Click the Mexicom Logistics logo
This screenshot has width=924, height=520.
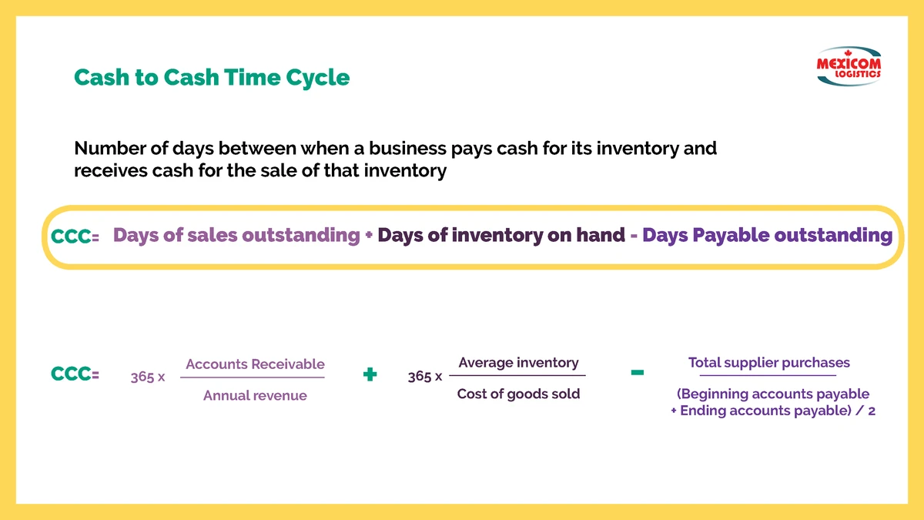tap(849, 66)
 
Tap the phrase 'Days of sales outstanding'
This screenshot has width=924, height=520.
tap(236, 235)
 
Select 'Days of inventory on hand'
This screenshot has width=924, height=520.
tap(501, 235)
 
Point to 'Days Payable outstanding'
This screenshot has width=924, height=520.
tap(767, 235)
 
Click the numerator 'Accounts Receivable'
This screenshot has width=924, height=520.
tap(255, 364)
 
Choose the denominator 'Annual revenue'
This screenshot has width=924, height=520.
tap(255, 395)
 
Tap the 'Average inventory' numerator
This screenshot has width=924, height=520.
tap(518, 363)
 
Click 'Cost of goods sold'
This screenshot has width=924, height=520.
tap(518, 394)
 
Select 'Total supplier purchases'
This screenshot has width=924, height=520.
tap(769, 363)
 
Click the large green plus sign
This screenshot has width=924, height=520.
tap(370, 374)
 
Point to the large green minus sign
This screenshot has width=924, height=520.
tap(638, 373)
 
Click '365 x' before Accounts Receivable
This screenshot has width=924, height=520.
tap(148, 377)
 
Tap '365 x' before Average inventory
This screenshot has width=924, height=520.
tap(425, 377)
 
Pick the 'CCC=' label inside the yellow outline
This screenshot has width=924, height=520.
tap(75, 237)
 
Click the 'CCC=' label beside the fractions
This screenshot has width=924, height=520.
tap(75, 374)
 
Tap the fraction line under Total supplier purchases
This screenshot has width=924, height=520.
tap(768, 376)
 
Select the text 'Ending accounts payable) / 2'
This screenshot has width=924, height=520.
tap(778, 411)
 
